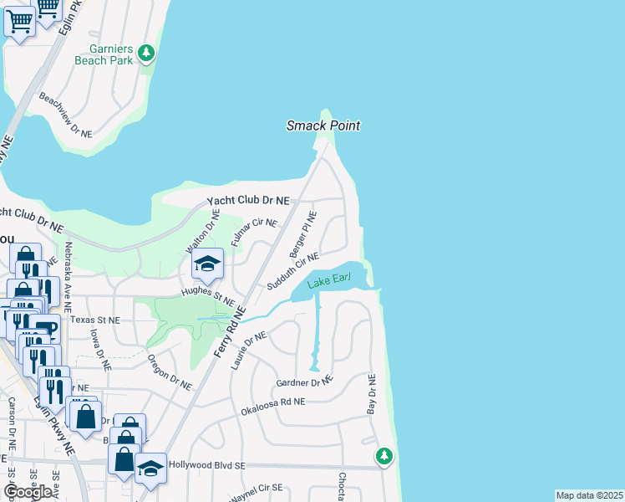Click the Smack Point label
pos(323,125)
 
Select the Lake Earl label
pos(328,284)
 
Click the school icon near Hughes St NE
pos(207,266)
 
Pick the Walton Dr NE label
pos(202,233)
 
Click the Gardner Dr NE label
pos(305,382)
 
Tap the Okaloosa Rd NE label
pos(273,407)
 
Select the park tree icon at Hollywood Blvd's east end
pos(384,457)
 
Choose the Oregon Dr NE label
pos(170,371)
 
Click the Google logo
pos(28,491)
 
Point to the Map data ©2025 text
pos(589,495)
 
